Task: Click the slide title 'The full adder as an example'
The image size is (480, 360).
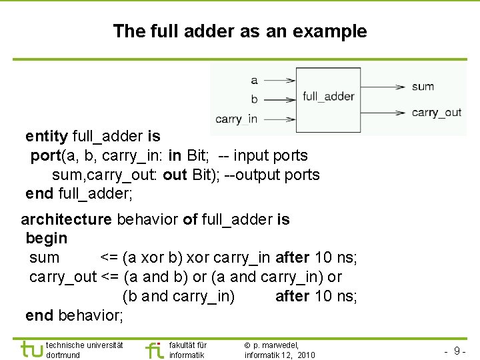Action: pos(240,31)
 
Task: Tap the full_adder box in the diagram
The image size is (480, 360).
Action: pos(328,97)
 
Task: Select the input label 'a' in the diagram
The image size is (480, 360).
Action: pos(254,81)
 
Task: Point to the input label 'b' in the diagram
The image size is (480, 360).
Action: pos(254,99)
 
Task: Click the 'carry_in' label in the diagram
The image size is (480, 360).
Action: pos(237,119)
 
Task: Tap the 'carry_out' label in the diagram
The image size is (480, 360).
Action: pos(436,112)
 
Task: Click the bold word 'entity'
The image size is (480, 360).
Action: pos(47,137)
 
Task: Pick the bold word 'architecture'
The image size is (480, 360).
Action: pos(66,219)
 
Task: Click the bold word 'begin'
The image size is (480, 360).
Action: pos(46,238)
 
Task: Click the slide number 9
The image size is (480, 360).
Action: pos(456,351)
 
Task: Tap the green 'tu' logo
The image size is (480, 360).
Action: pos(31,349)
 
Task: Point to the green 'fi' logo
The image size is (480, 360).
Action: pos(154,349)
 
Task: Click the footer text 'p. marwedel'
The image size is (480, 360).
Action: pos(275,345)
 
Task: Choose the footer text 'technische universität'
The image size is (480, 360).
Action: pos(85,345)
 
